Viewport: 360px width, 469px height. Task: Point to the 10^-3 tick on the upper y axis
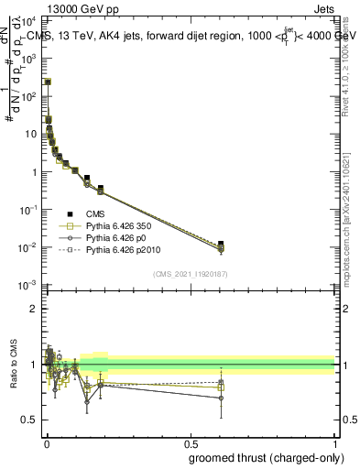pos(30,285)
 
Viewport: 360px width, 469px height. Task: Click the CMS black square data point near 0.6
pos(221,244)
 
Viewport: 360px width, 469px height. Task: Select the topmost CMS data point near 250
pos(48,82)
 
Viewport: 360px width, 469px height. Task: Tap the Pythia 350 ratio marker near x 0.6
pos(221,387)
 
